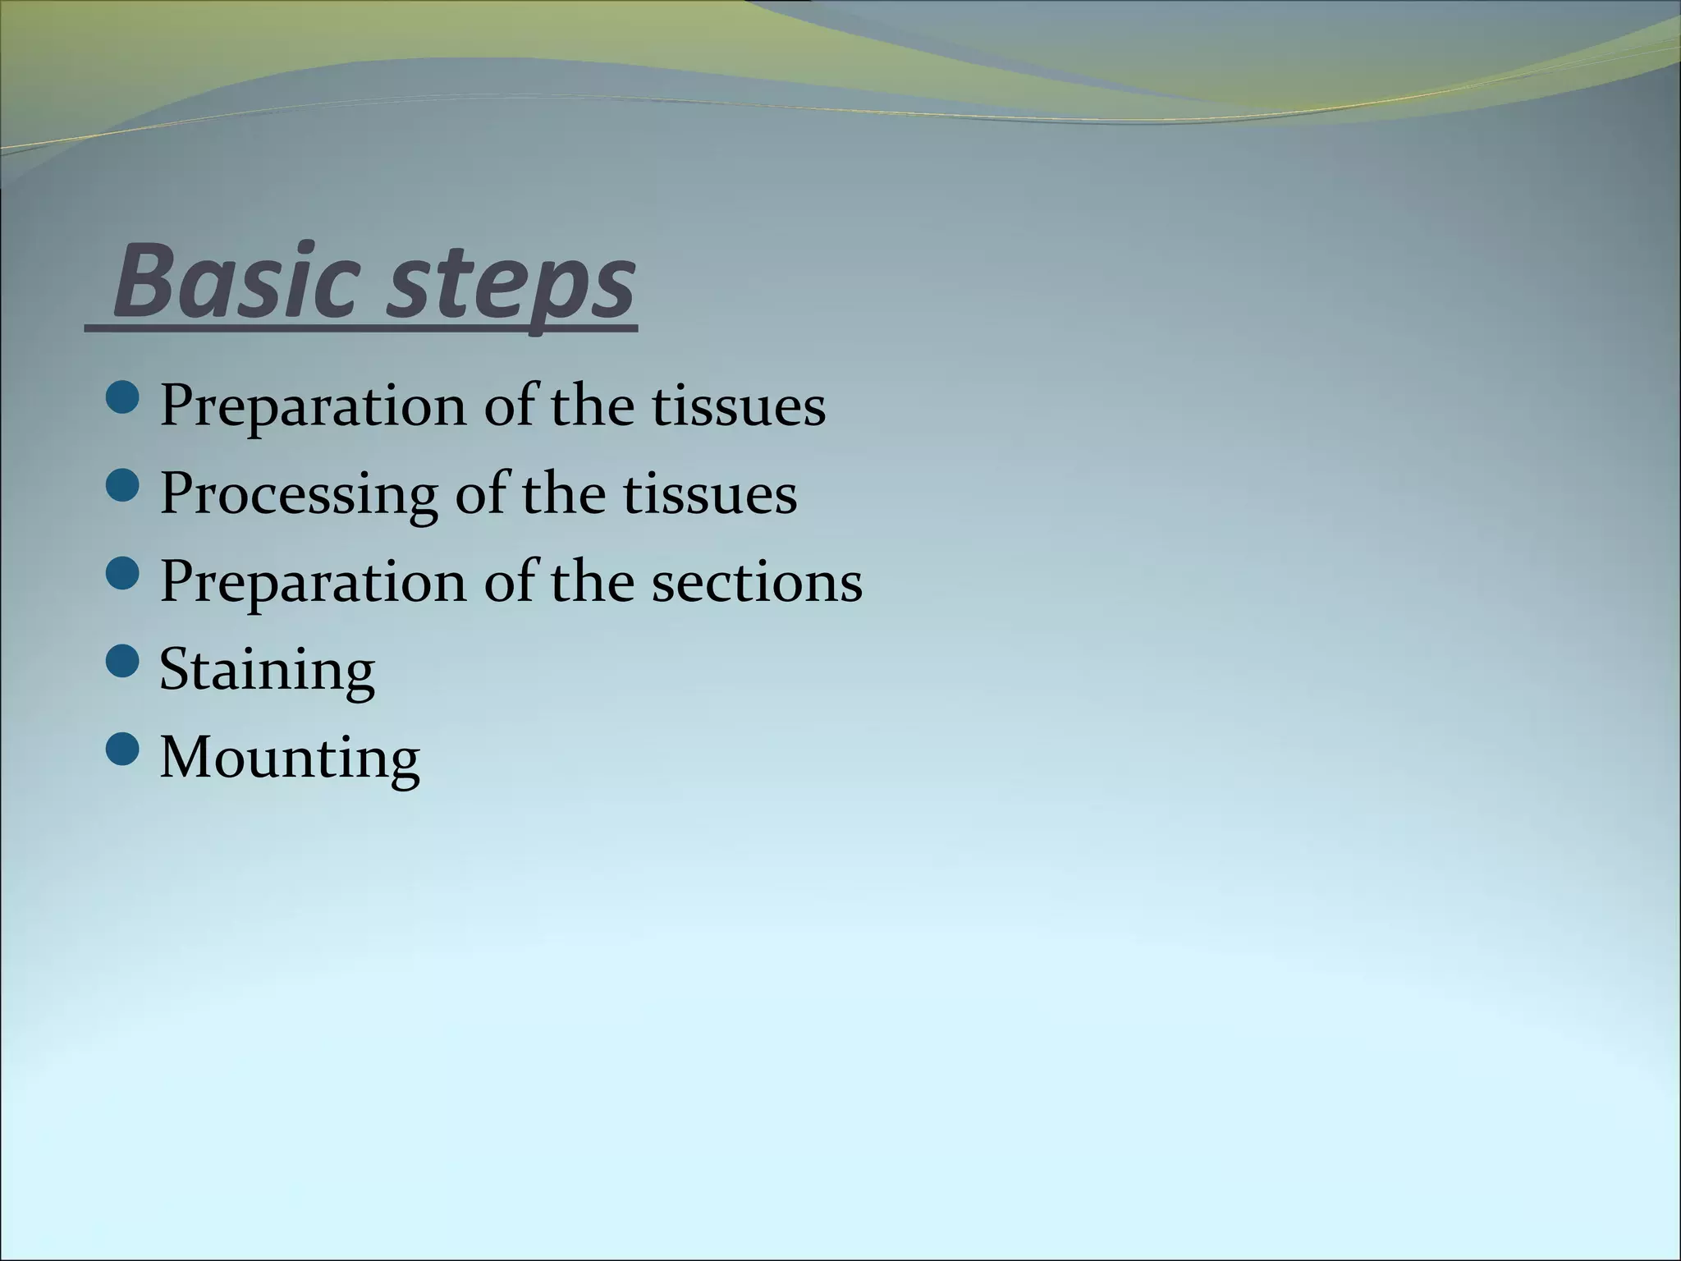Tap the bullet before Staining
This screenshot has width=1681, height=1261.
click(x=123, y=661)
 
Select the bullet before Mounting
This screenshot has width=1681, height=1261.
click(x=123, y=749)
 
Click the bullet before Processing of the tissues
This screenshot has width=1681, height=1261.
click(x=123, y=485)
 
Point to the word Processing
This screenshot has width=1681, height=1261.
click(x=299, y=495)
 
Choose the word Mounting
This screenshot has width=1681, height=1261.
click(x=290, y=757)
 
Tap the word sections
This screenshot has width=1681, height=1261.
click(x=757, y=582)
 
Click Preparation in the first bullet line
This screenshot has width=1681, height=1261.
click(x=313, y=406)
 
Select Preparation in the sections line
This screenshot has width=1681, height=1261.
click(x=313, y=582)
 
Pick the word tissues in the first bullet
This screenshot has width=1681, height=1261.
click(x=739, y=406)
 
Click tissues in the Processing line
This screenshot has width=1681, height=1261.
click(x=710, y=494)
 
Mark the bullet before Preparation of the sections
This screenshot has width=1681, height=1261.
click(x=123, y=573)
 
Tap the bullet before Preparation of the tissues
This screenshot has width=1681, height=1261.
click(x=123, y=397)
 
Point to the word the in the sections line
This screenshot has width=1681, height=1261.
click(x=592, y=582)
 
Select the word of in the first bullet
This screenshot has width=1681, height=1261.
click(x=508, y=406)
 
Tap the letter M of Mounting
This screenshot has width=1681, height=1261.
click(x=186, y=757)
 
